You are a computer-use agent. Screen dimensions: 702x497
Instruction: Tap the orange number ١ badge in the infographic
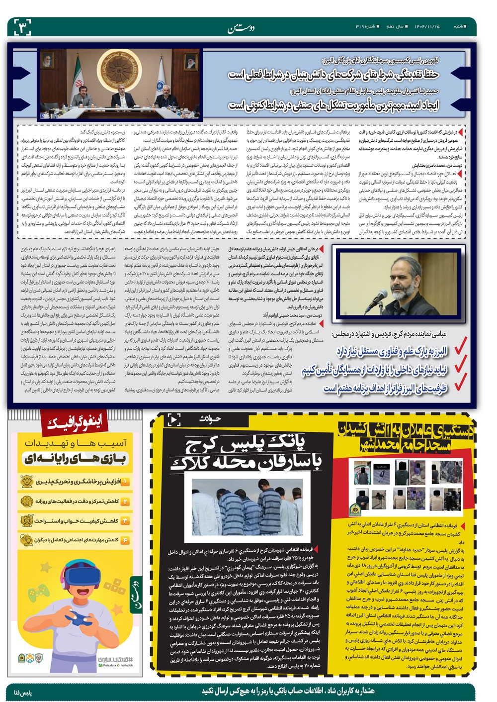(x=125, y=482)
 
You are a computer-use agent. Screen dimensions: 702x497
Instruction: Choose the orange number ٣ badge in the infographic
(x=125, y=520)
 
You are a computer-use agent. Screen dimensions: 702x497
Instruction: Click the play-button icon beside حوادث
(x=174, y=420)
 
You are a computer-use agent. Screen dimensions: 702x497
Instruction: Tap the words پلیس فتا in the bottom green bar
(x=24, y=692)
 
